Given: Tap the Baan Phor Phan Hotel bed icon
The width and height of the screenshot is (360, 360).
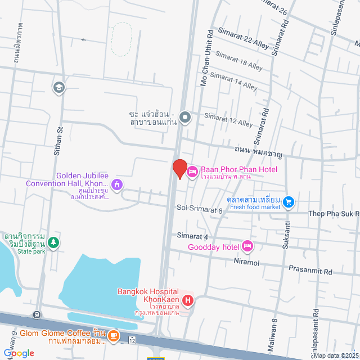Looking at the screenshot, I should point(191,171).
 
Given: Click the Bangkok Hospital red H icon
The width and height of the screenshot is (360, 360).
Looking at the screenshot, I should point(188,301).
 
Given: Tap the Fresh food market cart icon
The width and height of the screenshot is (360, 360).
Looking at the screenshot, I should point(289,201).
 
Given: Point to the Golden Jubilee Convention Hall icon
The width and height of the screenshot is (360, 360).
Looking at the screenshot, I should point(117,183).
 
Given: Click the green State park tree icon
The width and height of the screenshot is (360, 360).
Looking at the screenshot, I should point(53,242).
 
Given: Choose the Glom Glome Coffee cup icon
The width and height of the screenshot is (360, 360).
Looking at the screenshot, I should point(113,336).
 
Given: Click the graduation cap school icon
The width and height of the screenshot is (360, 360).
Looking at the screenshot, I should point(58,87).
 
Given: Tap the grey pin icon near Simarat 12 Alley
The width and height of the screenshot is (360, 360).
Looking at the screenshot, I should point(186,118).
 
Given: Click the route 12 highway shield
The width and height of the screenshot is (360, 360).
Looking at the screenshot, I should point(132,340).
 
